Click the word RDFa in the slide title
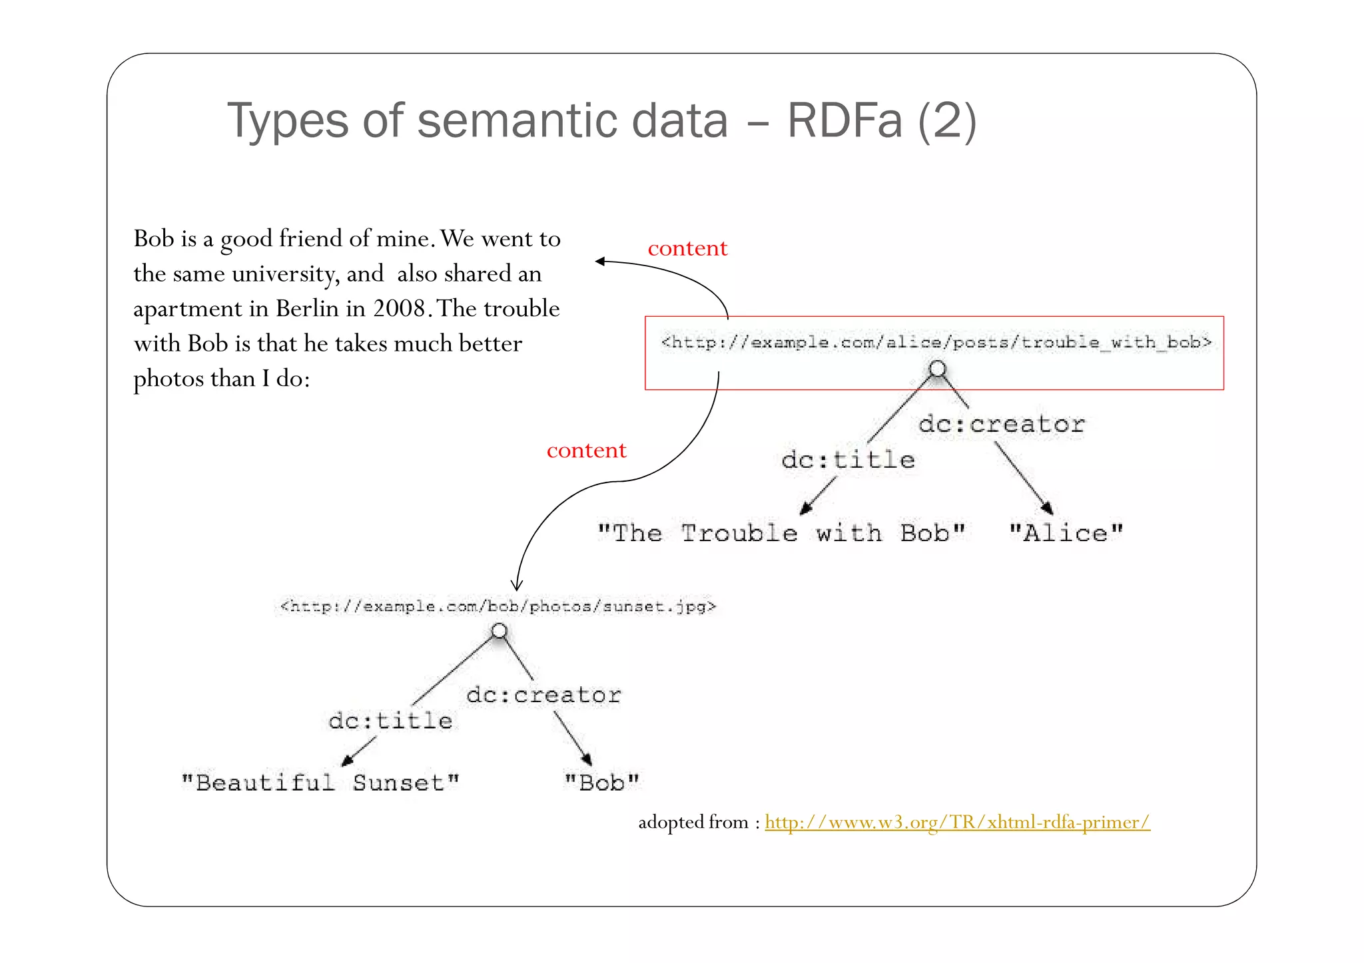[845, 120]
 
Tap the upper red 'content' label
[687, 248]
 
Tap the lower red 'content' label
[586, 451]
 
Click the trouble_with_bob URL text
[935, 343]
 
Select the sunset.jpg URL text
[498, 606]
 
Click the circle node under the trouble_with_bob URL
[937, 368]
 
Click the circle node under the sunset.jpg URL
[499, 630]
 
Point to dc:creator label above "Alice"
[1001, 424]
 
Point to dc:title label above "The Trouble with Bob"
[848, 460]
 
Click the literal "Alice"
[1066, 533]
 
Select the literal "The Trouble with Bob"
[781, 533]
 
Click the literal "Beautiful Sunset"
[320, 783]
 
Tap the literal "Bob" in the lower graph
[601, 783]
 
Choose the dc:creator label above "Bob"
[543, 695]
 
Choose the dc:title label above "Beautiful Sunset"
[390, 721]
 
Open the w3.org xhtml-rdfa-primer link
[957, 823]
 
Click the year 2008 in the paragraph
[398, 309]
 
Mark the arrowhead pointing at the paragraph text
[600, 262]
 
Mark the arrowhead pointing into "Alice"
[1047, 508]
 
